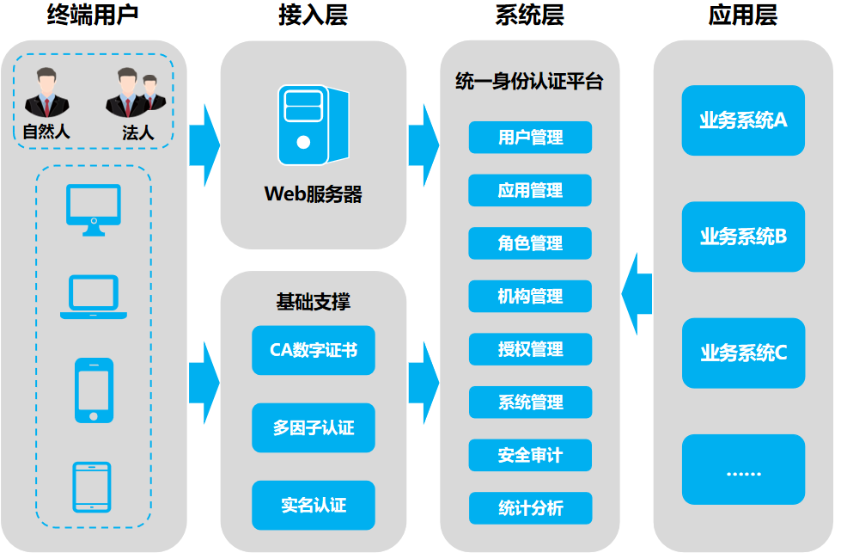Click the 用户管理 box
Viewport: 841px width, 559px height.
pos(530,138)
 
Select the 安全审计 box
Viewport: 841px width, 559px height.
pos(530,455)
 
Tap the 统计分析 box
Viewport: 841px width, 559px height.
pos(530,508)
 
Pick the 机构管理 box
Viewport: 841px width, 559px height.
pos(530,297)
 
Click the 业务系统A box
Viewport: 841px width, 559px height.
pos(743,120)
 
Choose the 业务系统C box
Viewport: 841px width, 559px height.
pos(743,353)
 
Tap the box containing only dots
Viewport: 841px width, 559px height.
pos(743,470)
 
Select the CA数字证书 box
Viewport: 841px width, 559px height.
pos(314,350)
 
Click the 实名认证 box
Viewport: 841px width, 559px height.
pos(314,505)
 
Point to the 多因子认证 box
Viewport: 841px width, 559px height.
pos(314,427)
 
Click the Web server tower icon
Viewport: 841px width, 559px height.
pos(313,125)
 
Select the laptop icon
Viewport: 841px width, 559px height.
pos(94,297)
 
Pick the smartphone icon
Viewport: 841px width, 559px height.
pos(94,390)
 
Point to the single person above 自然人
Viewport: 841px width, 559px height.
pos(46,95)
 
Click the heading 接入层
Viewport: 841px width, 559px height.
pos(313,15)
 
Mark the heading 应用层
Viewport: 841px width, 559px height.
pos(742,15)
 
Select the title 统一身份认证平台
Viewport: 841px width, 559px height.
pos(529,83)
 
